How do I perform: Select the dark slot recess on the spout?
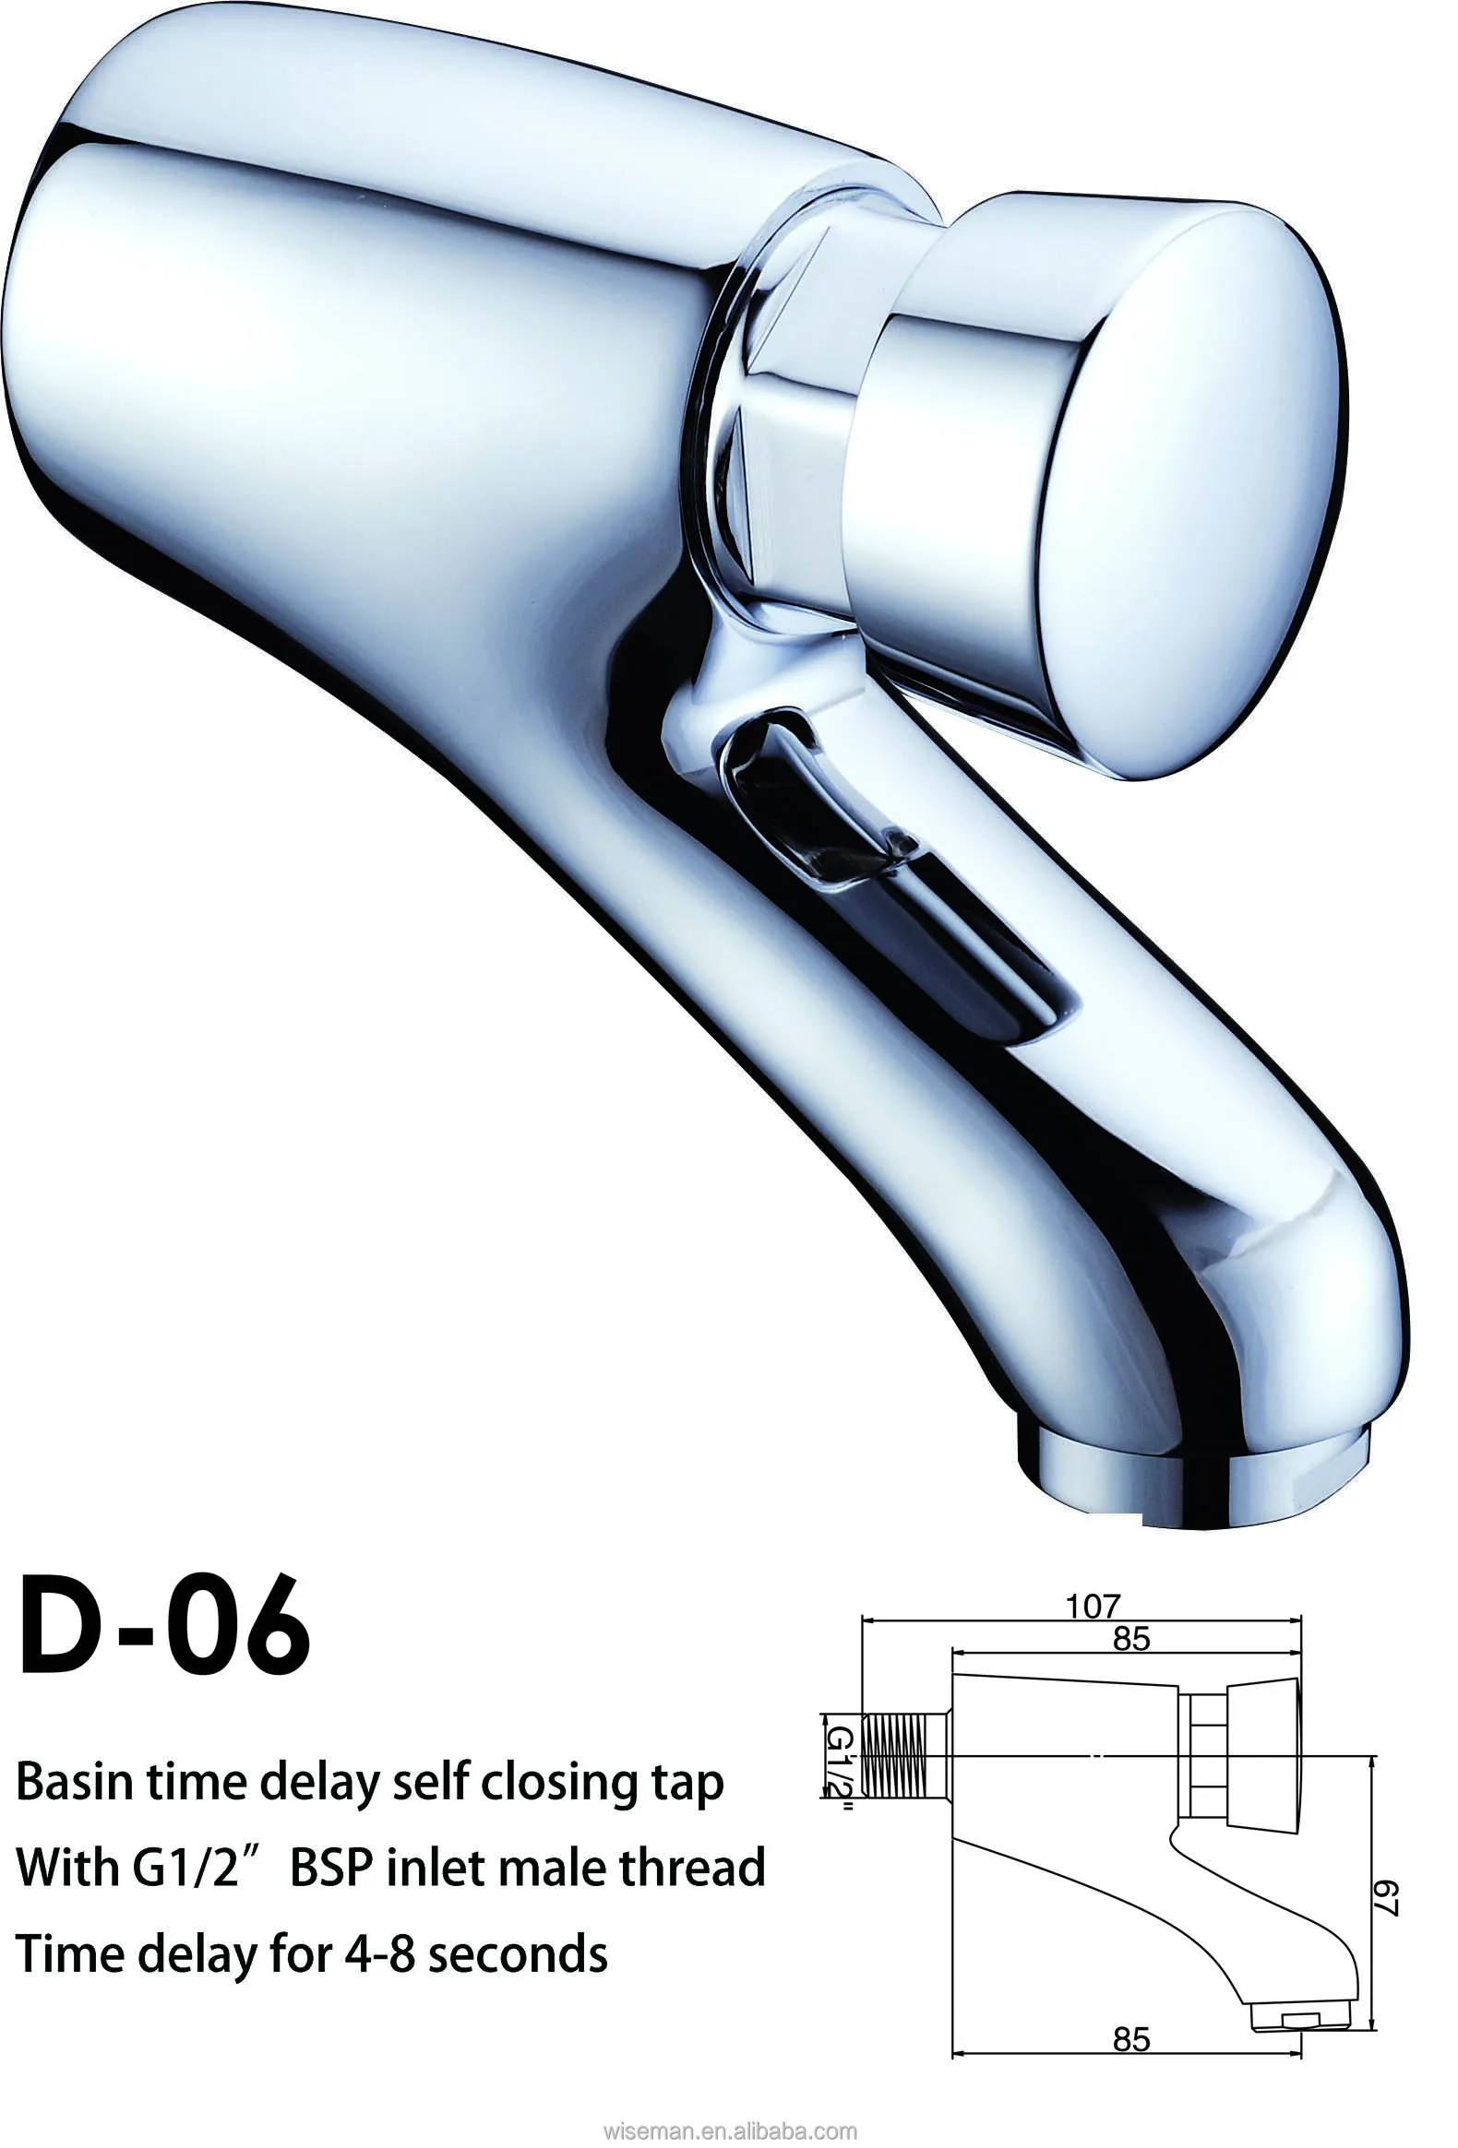[x=888, y=869]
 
